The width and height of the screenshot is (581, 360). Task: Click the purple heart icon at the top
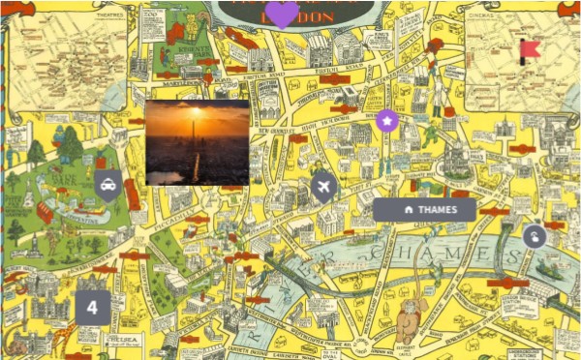click(x=282, y=14)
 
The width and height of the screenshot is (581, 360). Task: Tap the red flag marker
click(x=529, y=48)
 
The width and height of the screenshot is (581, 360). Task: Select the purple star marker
click(x=387, y=121)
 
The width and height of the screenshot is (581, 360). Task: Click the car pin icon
click(x=107, y=184)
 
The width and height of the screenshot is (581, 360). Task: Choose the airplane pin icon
click(x=323, y=186)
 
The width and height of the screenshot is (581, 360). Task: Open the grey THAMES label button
click(x=424, y=209)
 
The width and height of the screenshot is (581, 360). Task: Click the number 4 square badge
click(x=92, y=308)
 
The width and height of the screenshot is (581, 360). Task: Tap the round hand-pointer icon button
click(x=534, y=235)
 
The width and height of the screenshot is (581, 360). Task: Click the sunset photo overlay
click(x=197, y=141)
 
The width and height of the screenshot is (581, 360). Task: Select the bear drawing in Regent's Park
click(x=190, y=26)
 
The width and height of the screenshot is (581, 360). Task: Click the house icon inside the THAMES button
click(x=409, y=209)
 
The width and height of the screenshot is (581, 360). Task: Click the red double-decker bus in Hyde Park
click(x=46, y=211)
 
